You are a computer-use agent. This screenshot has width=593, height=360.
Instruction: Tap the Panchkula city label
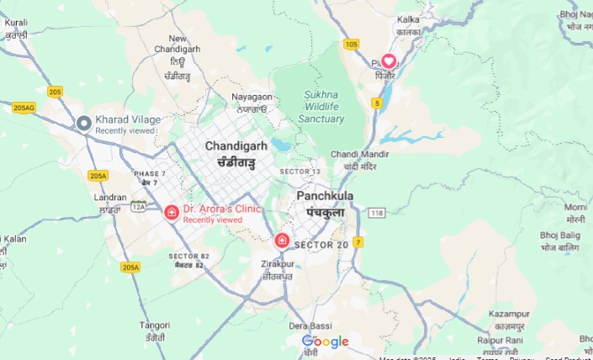coord(325,196)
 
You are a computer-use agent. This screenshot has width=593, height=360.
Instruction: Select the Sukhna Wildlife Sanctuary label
coord(321,107)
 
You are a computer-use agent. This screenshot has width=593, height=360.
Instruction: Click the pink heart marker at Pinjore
coord(389,61)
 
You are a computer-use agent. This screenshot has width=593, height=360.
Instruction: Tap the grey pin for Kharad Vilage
coord(84,124)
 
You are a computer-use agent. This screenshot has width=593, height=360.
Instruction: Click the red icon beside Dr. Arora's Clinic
coord(172,213)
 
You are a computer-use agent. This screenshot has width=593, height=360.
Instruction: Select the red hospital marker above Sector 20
coord(283,241)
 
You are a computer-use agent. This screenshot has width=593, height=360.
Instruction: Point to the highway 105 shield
coord(351,44)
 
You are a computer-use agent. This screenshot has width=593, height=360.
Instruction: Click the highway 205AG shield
coord(24,108)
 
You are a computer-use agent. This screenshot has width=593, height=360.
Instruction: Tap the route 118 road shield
coord(376,213)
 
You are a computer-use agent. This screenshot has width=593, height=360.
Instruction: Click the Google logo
coord(325,341)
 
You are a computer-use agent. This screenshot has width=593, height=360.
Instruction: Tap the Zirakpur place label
coord(277,264)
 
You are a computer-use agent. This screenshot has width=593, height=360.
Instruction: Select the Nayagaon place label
coord(250,97)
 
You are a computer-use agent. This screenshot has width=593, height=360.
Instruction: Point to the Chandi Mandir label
coord(359,155)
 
